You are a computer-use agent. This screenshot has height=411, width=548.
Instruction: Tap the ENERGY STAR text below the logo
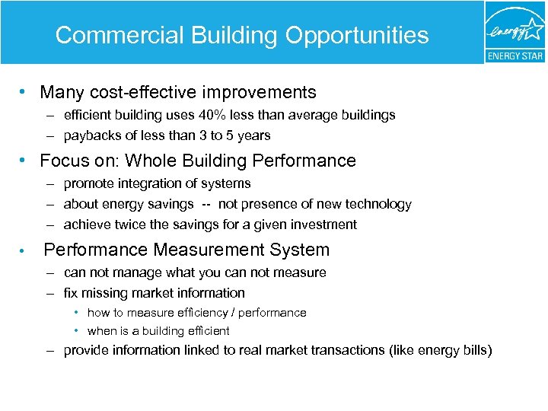click(515, 56)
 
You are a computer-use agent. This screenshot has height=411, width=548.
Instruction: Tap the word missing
click(107, 293)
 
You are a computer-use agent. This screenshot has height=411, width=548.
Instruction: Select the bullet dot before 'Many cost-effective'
click(25, 93)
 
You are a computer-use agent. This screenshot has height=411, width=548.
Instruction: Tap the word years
click(254, 135)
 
